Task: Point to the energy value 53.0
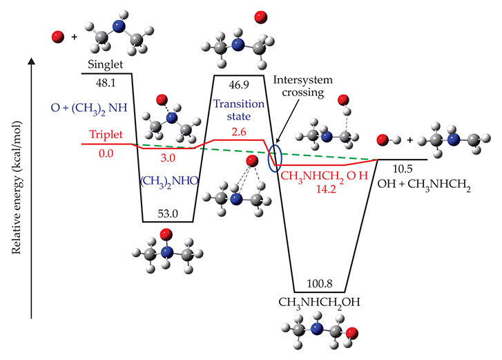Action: pos(168,214)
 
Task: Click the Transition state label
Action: pos(237,109)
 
